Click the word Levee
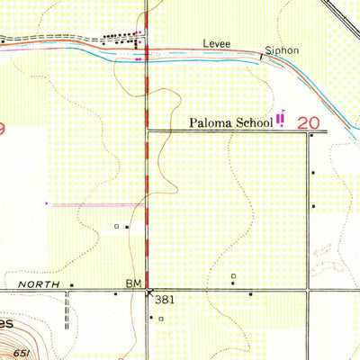pyautogui.click(x=217, y=41)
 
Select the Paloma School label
pyautogui.click(x=229, y=122)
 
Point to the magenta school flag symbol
pyautogui.click(x=281, y=118)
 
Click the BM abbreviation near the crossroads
pyautogui.click(x=133, y=283)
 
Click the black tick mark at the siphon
pyautogui.click(x=263, y=56)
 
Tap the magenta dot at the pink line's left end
pyautogui.click(x=47, y=204)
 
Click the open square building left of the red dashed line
pyautogui.click(x=116, y=226)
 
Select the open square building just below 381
pyautogui.click(x=160, y=319)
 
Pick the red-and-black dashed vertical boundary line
pyautogui.click(x=147, y=180)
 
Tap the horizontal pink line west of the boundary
pyautogui.click(x=94, y=204)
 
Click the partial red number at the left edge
pyautogui.click(x=3, y=130)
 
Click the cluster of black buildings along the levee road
pyautogui.click(x=121, y=37)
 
